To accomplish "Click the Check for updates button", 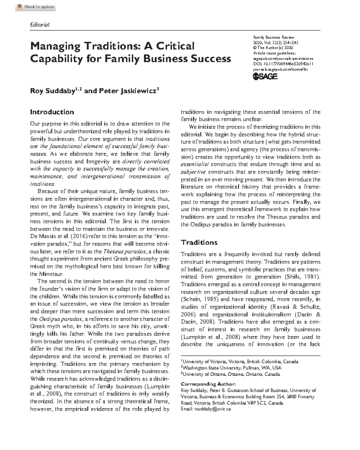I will (36, 7).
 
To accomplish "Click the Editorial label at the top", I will (40, 25).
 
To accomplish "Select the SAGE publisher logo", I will (265, 76).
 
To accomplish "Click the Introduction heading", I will (52, 112).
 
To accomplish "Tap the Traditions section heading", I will (199, 242).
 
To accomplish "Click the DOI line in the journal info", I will (283, 64).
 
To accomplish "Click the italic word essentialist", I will (195, 164).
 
